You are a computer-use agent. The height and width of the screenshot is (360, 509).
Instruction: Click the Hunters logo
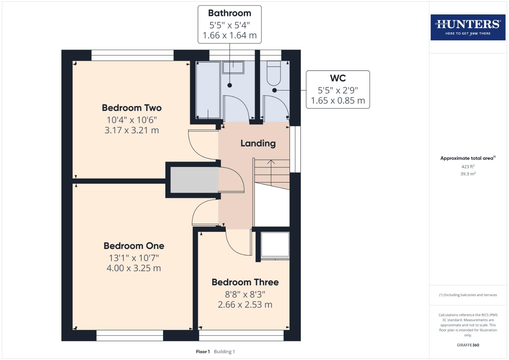pyautogui.click(x=468, y=27)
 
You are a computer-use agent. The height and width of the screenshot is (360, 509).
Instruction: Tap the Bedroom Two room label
pyautogui.click(x=132, y=108)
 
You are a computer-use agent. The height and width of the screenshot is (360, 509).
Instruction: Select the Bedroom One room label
pyautogui.click(x=134, y=246)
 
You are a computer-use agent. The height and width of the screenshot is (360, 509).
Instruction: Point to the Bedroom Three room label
pyautogui.click(x=245, y=282)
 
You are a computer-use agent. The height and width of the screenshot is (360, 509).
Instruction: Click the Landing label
pyautogui.click(x=258, y=143)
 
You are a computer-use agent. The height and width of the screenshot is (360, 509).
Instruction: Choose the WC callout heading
pyautogui.click(x=338, y=78)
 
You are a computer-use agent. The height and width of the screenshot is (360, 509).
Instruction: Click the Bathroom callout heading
pyautogui.click(x=229, y=13)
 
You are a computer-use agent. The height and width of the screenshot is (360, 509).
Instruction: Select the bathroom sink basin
pyautogui.click(x=233, y=68)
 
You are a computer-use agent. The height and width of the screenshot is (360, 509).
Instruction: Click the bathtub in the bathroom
pyautogui.click(x=208, y=90)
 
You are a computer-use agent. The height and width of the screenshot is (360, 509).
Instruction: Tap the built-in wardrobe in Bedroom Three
pyautogui.click(x=275, y=245)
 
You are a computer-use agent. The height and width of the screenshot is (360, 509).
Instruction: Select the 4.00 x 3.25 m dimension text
pyautogui.click(x=134, y=268)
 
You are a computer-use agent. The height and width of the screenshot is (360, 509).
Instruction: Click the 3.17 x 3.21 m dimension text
pyautogui.click(x=132, y=130)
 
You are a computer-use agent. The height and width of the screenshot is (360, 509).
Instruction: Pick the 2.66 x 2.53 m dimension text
pyautogui.click(x=245, y=305)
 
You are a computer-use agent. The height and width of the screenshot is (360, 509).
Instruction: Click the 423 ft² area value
pyautogui.click(x=468, y=167)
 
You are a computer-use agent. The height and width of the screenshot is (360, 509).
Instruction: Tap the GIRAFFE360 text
pyautogui.click(x=468, y=345)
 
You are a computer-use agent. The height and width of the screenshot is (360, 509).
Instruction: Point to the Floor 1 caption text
pyautogui.click(x=203, y=352)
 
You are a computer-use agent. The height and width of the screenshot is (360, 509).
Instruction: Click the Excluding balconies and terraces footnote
pyautogui.click(x=468, y=295)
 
